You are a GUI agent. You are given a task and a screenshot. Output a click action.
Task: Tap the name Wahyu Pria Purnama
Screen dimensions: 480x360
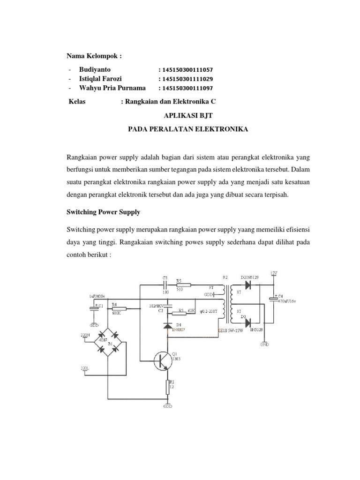tap(112, 88)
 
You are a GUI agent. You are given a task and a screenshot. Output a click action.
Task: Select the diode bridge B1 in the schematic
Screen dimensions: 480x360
tap(107, 341)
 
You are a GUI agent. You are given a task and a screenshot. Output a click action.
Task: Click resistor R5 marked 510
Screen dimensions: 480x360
tap(183, 285)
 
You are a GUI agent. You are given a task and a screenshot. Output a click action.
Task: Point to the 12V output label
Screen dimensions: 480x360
tap(274, 273)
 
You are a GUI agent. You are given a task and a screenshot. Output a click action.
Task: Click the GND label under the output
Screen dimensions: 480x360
tap(264, 345)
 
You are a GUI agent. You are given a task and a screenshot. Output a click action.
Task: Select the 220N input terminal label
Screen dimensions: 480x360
tap(84, 336)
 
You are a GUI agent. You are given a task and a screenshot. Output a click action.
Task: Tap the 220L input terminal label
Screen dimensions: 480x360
tap(84, 368)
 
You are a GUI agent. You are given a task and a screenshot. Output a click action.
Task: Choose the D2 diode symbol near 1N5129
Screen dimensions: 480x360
tap(248, 285)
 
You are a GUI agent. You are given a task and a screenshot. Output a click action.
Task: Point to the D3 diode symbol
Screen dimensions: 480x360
tap(248, 322)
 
